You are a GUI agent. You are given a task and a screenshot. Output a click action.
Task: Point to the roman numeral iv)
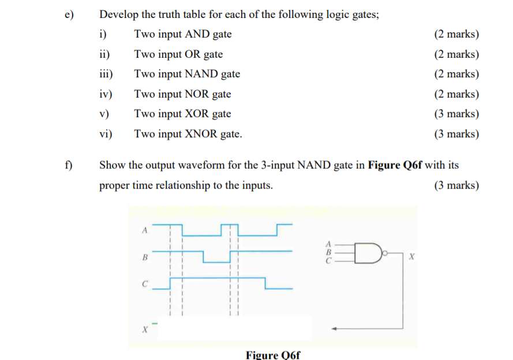point(106,94)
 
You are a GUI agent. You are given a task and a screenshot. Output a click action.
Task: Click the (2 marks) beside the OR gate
point(456,54)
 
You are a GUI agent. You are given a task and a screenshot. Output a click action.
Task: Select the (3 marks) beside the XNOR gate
point(456,134)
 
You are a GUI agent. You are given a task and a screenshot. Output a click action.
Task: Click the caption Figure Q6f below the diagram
point(273,354)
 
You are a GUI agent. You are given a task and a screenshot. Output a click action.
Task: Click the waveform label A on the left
point(144,231)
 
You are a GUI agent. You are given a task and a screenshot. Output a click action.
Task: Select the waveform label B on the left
point(144,257)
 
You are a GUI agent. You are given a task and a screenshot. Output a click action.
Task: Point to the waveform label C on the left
point(145,284)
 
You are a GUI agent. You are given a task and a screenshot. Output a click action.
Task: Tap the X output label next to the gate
point(410,254)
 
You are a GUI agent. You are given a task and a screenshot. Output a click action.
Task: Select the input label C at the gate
point(329,261)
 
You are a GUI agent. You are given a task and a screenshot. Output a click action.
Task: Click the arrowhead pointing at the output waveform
point(335,329)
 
